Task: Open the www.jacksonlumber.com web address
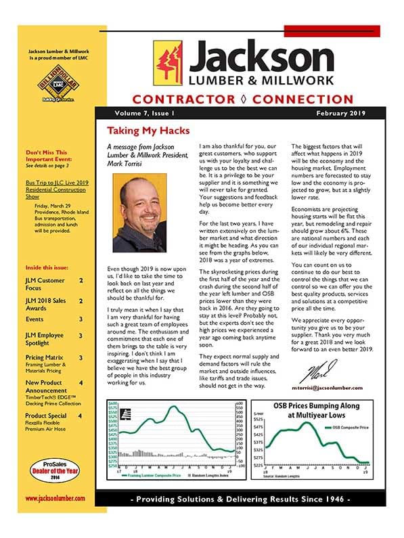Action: coord(55,497)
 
